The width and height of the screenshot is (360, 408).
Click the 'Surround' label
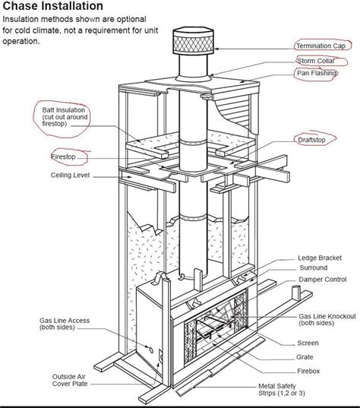(311, 268)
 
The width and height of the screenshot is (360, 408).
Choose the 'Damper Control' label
(321, 280)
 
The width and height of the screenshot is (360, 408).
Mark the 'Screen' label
(307, 343)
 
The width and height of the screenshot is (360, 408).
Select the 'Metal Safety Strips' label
(284, 391)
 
